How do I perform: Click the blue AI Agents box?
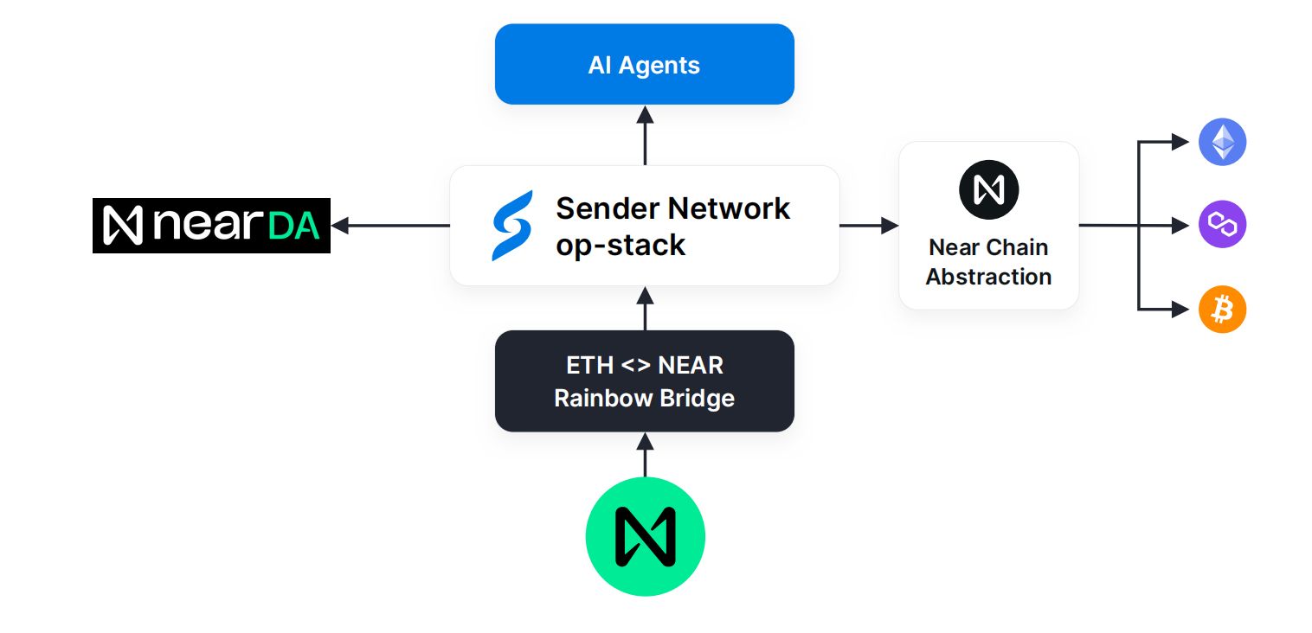point(644,64)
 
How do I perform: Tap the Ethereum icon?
point(1222,142)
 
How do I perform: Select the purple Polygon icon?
point(1222,224)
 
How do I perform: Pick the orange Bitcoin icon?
point(1222,309)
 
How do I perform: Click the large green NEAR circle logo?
point(645,536)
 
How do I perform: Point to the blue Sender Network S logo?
point(512,225)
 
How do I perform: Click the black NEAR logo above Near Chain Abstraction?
point(988,189)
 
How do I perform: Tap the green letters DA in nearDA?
point(294,227)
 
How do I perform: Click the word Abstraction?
point(988,277)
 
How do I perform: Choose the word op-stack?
point(621,246)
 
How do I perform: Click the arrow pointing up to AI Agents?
point(645,135)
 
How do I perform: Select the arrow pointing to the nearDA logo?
point(390,225)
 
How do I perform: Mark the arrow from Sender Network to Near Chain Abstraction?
point(869,225)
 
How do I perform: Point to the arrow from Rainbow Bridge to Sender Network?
point(645,309)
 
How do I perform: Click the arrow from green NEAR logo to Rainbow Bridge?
point(645,455)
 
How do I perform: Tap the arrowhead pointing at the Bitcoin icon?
point(1180,309)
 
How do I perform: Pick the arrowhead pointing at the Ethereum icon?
point(1180,142)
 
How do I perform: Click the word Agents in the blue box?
point(659,66)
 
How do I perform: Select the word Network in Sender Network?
point(729,209)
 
